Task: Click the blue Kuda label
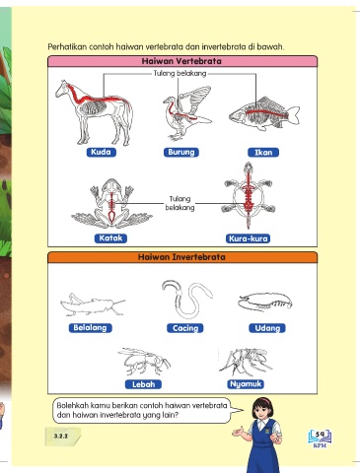coord(102,152)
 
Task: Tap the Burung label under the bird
coord(181,152)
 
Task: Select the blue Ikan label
coord(263,153)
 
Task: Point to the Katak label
coord(110,238)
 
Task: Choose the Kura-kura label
coord(249,238)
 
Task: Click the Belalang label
coord(90,328)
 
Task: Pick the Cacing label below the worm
coord(185,328)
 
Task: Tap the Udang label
coord(267,328)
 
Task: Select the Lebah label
coord(143,384)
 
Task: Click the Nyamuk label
coord(246,384)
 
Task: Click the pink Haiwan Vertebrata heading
coord(182,61)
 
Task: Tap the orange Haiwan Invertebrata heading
coord(182,257)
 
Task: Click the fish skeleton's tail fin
coord(294,114)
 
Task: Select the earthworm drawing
coord(186,299)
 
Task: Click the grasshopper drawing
coord(93,304)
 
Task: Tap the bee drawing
coord(144,361)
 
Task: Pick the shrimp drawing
coord(265,303)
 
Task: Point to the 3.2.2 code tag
coord(62,437)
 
